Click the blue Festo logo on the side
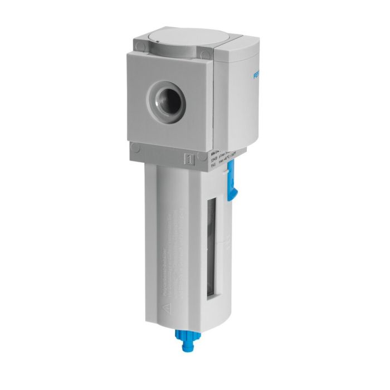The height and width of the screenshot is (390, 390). coord(256,76)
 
